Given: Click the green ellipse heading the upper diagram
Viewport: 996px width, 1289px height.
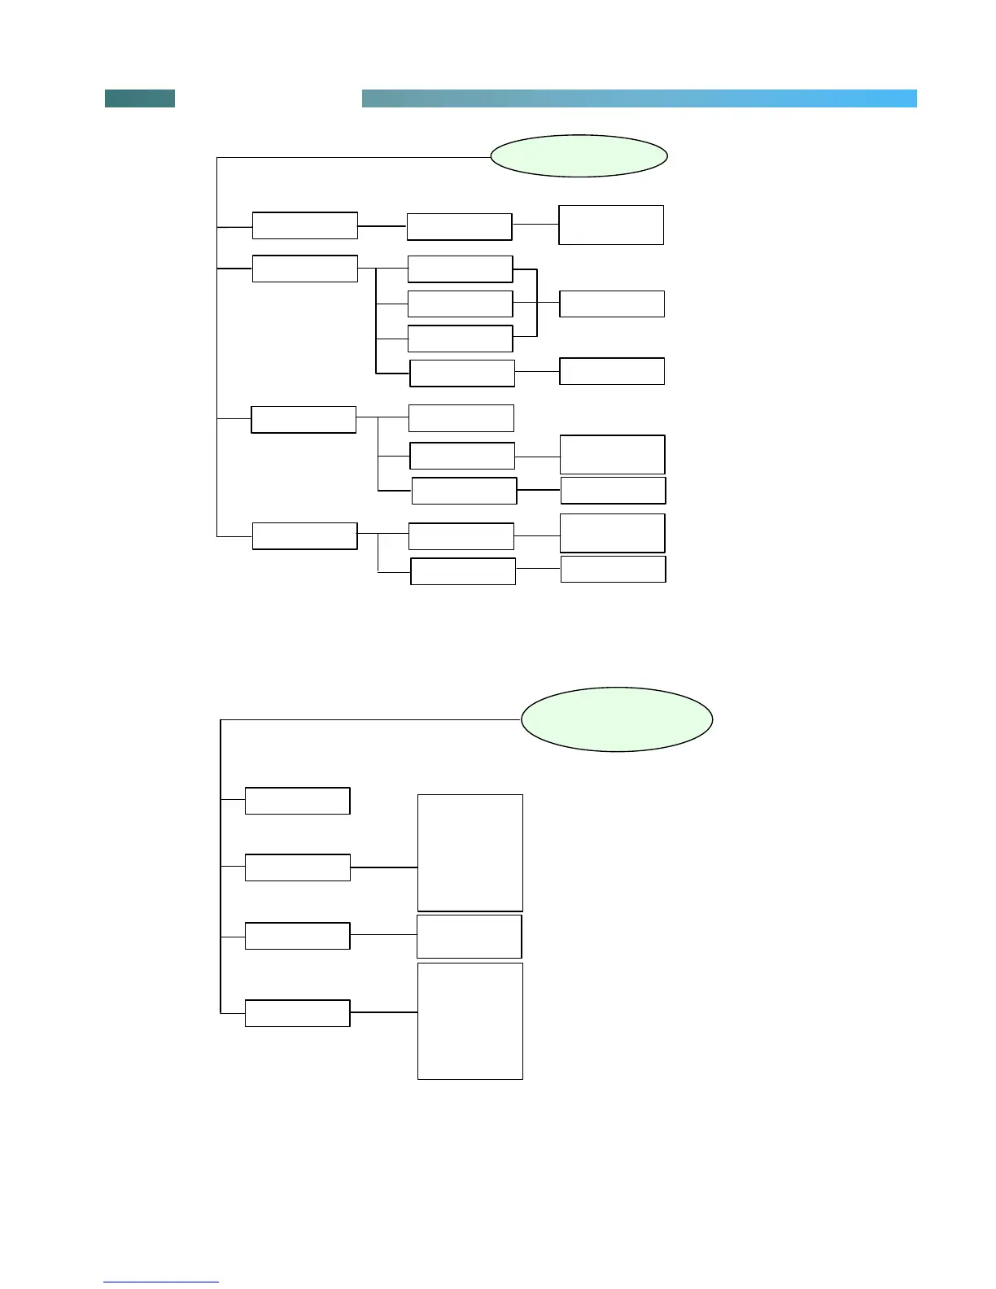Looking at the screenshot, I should [579, 155].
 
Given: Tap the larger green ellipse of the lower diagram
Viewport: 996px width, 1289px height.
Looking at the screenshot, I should [617, 719].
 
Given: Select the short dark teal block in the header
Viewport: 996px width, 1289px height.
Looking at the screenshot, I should [140, 98].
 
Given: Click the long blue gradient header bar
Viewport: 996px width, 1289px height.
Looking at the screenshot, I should [639, 98].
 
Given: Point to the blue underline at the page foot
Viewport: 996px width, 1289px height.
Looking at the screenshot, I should [161, 1282].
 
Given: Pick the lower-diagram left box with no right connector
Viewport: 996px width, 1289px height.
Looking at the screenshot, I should [297, 801].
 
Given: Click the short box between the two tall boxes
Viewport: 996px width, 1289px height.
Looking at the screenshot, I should [469, 937].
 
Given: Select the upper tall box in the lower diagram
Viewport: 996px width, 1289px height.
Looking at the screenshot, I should [470, 853].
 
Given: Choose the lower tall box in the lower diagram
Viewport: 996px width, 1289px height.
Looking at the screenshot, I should [470, 1021].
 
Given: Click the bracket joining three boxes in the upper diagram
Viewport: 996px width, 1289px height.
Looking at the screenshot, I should [537, 303].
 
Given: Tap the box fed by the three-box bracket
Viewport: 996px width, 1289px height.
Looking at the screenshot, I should [612, 304].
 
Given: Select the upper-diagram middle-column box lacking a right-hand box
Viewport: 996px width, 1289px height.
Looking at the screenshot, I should [461, 418].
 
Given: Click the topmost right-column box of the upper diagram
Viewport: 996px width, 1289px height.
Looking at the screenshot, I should [610, 225].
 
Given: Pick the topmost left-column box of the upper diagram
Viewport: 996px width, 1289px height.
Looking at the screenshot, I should [304, 225].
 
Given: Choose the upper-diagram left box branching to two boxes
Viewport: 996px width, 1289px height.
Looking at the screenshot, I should [304, 536].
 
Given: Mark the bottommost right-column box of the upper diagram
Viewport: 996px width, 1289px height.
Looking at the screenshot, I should [614, 570].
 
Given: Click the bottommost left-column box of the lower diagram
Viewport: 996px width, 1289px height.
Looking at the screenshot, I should [297, 1013].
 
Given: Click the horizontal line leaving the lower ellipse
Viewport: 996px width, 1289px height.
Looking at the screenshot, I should [370, 719].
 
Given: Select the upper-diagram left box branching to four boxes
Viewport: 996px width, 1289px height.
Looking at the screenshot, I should [304, 269].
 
